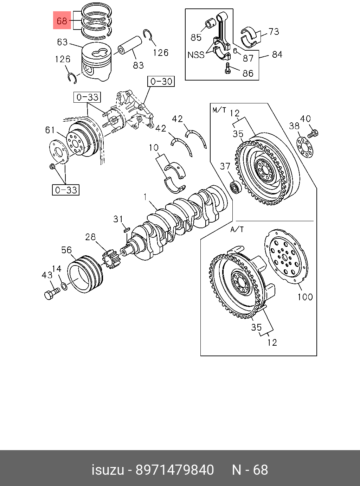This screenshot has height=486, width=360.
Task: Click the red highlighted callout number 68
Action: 62,21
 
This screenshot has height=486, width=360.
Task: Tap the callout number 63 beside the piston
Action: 62,42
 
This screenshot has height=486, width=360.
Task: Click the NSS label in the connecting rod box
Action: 196,55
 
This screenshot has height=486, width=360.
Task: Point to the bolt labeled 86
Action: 228,68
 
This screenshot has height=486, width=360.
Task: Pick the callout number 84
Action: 277,55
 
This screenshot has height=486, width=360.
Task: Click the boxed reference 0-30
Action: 161,81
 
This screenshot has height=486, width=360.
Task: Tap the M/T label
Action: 219,110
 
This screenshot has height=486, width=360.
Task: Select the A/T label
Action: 237,229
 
